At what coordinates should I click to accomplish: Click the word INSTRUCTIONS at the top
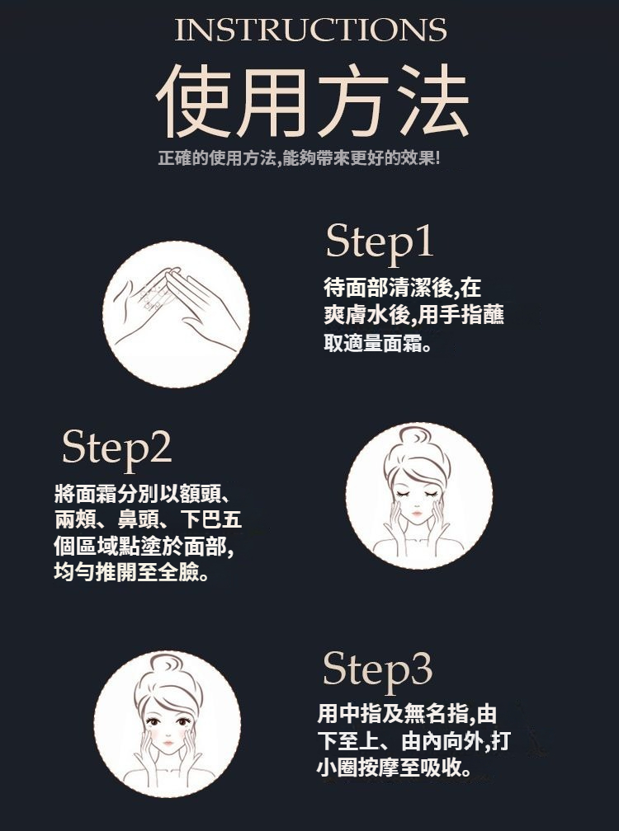[311, 30]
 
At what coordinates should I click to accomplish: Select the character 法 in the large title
[432, 101]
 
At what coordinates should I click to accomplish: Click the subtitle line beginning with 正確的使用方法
[299, 158]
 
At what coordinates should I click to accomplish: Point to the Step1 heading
[380, 242]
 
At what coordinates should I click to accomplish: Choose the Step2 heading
[116, 448]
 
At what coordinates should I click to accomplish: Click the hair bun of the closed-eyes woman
[415, 437]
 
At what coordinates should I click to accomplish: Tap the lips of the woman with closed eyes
[417, 513]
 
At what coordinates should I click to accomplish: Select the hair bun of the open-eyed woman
[166, 664]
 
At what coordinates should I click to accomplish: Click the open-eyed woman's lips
[168, 743]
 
